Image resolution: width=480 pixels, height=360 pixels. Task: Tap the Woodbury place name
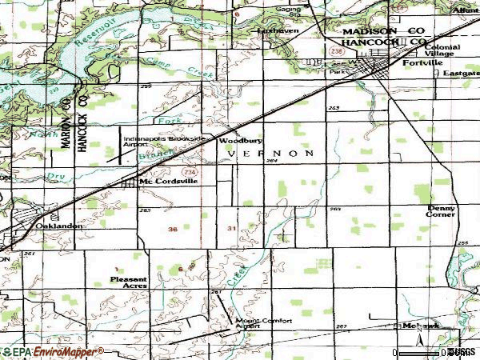[234, 142]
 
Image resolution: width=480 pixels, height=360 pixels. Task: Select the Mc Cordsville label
[166, 181]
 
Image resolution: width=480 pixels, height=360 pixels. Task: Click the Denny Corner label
[441, 211]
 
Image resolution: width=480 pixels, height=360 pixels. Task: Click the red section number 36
[173, 230]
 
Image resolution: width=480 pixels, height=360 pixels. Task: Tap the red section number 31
[231, 229]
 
